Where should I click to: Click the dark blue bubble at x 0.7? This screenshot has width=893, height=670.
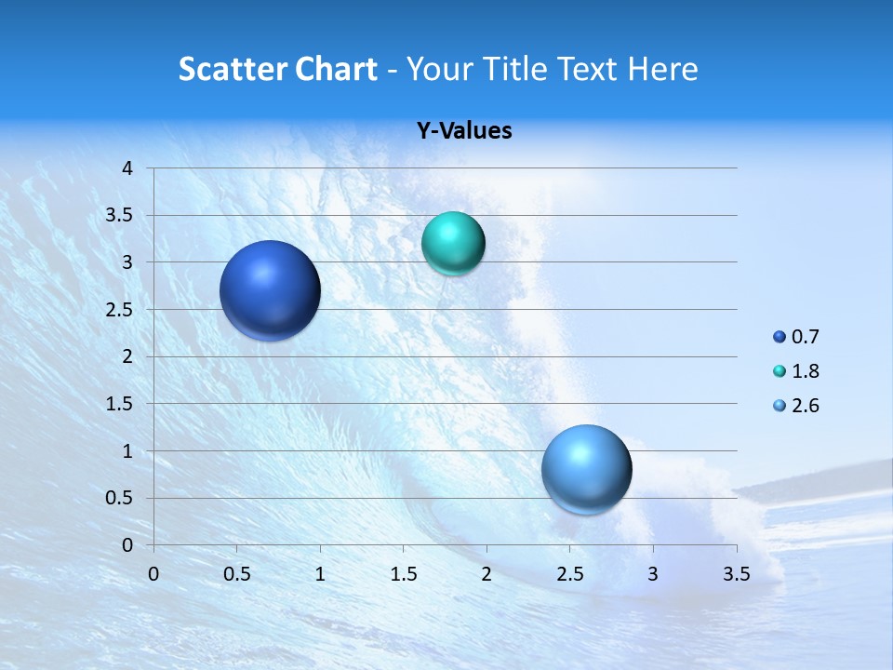tap(271, 290)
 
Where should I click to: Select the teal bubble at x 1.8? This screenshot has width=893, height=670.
tap(453, 244)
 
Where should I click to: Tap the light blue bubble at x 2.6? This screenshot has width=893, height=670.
tap(586, 469)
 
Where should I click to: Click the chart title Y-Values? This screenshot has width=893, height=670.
tap(463, 131)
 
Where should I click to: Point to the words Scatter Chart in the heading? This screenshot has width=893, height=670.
tap(278, 69)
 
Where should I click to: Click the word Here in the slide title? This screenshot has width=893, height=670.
tap(662, 69)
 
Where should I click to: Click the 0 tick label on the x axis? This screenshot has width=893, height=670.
tap(153, 574)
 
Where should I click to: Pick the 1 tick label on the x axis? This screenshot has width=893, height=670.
tap(320, 574)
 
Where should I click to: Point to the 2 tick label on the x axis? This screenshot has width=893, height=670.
tap(486, 574)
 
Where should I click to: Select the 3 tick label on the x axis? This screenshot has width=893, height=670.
tap(653, 574)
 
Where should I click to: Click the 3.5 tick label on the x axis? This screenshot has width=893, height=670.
tap(736, 574)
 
